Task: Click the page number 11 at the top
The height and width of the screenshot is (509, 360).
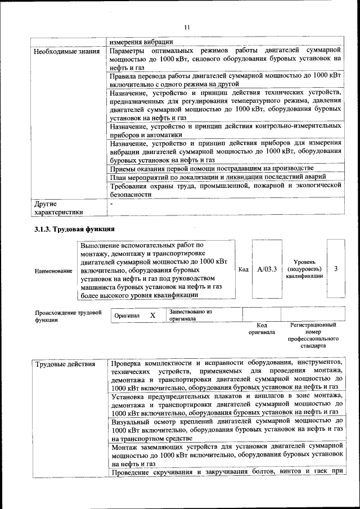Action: click(x=187, y=27)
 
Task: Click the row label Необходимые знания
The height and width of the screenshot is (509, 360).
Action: click(x=67, y=52)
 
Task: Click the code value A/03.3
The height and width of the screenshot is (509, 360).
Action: click(x=267, y=269)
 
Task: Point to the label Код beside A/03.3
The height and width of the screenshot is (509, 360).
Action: click(x=243, y=270)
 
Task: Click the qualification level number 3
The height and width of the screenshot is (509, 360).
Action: click(x=336, y=269)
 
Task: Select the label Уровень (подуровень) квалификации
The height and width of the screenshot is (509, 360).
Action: click(x=304, y=269)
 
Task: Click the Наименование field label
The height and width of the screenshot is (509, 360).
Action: click(x=53, y=271)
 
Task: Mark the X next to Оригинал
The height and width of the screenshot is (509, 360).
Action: click(x=152, y=316)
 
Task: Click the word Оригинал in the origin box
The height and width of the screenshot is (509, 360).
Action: click(x=127, y=316)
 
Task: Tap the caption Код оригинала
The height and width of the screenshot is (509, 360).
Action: click(x=262, y=328)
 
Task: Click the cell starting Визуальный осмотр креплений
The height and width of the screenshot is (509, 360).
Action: click(x=227, y=429)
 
